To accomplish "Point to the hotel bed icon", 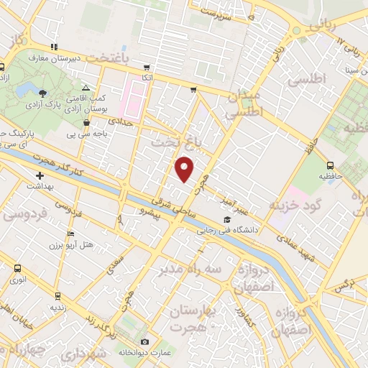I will click(x=70, y=234).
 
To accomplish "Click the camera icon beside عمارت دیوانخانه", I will click(x=144, y=341).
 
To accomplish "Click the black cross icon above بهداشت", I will click(x=40, y=175).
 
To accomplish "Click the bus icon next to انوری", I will click(x=17, y=268).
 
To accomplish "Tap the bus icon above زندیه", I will click(x=57, y=295).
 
